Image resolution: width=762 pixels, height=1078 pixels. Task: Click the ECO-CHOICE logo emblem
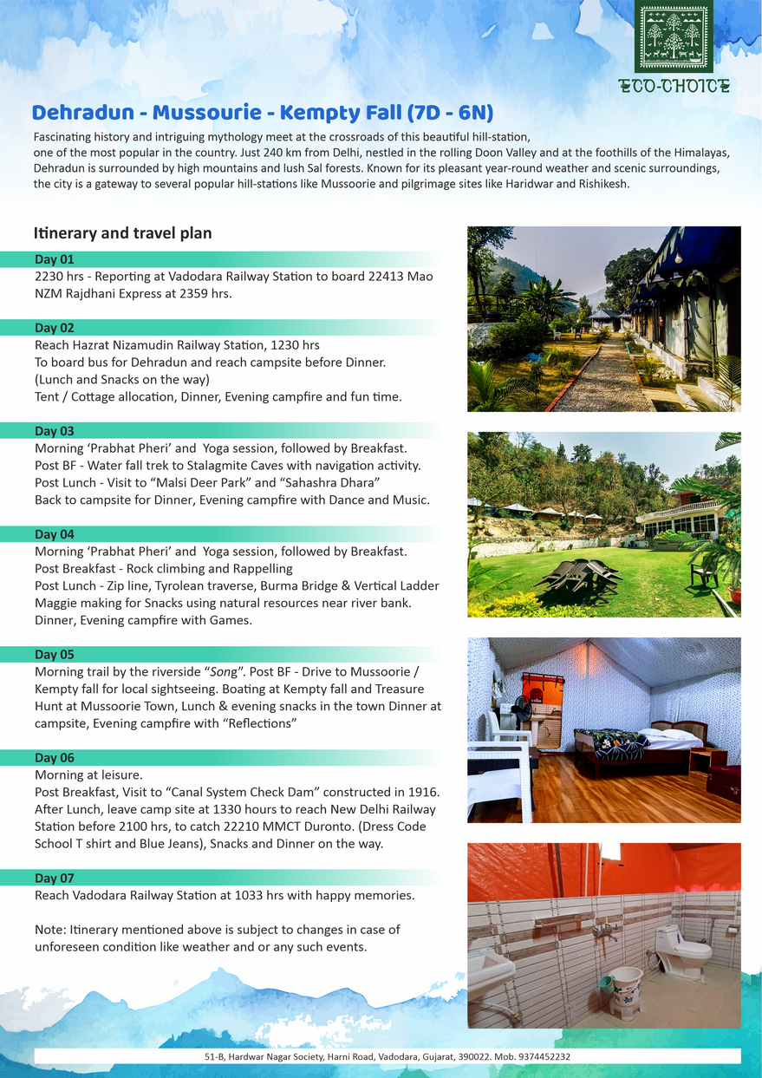pyautogui.click(x=673, y=36)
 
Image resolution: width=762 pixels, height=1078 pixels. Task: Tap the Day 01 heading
pyautogui.click(x=55, y=259)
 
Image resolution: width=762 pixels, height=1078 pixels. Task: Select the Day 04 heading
pyautogui.click(x=55, y=534)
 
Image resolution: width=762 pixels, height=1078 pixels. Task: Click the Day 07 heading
pyautogui.click(x=55, y=879)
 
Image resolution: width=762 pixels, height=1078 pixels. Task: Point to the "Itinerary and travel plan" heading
pyautogui.click(x=122, y=233)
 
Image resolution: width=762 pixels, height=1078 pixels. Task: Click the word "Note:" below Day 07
pyautogui.click(x=49, y=929)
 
